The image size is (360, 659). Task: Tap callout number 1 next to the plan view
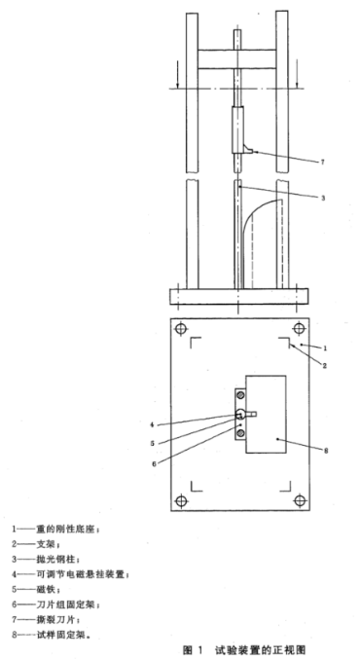pyautogui.click(x=327, y=347)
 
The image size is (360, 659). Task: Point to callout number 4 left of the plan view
pyautogui.click(x=153, y=423)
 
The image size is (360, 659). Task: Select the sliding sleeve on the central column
pyautogui.click(x=239, y=130)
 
